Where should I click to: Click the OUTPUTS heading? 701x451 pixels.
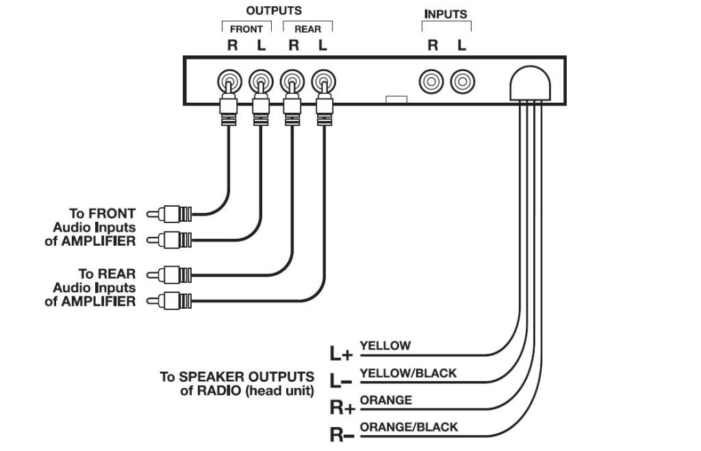click(274, 11)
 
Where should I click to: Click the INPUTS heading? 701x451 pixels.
click(446, 14)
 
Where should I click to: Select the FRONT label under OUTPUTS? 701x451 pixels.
click(246, 29)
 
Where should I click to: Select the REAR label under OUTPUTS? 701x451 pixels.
click(307, 29)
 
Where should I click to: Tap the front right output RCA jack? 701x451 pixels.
click(229, 83)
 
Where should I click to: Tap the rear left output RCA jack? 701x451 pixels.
click(323, 83)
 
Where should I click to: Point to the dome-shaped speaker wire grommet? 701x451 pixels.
click(531, 83)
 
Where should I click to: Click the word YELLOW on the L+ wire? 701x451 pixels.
click(385, 346)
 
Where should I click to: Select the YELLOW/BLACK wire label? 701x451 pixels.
click(408, 374)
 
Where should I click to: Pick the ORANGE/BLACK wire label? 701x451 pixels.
click(409, 427)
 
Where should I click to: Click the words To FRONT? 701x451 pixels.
click(102, 214)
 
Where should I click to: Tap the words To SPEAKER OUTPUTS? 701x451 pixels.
click(237, 377)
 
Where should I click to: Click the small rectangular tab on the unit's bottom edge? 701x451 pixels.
click(396, 100)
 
